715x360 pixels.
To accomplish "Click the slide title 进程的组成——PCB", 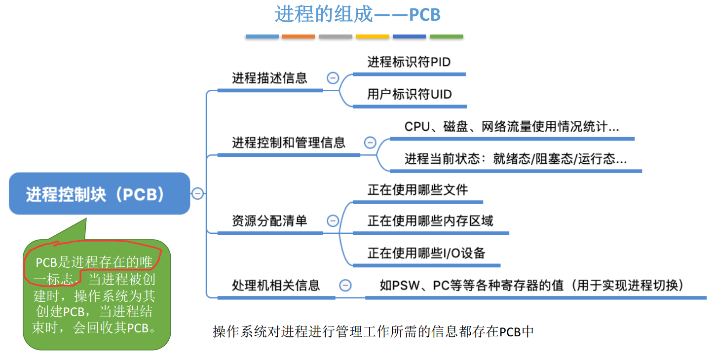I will (357, 14).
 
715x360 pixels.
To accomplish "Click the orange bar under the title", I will (298, 36).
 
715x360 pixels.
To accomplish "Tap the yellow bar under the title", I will (372, 36).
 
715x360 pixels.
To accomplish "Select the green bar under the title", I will (447, 36).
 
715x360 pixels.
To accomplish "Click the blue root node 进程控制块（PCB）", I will (99, 194).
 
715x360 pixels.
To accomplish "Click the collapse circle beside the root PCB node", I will (198, 194).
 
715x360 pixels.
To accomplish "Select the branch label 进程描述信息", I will (269, 78).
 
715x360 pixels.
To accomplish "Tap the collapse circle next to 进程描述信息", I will (333, 78).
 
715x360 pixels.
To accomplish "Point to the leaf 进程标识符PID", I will (409, 62).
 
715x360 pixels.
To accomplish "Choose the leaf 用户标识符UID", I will (409, 94).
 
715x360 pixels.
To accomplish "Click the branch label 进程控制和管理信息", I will (289, 143).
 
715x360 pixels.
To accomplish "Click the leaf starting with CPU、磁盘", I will (511, 127).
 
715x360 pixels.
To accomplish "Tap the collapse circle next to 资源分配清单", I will (333, 220).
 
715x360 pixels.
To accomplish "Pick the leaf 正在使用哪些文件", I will (417, 190).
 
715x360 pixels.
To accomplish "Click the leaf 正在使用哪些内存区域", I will (430, 221).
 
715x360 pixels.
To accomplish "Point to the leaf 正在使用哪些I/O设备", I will (426, 253).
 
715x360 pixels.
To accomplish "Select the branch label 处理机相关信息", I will (276, 285).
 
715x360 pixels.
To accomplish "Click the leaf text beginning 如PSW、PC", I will (531, 285).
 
